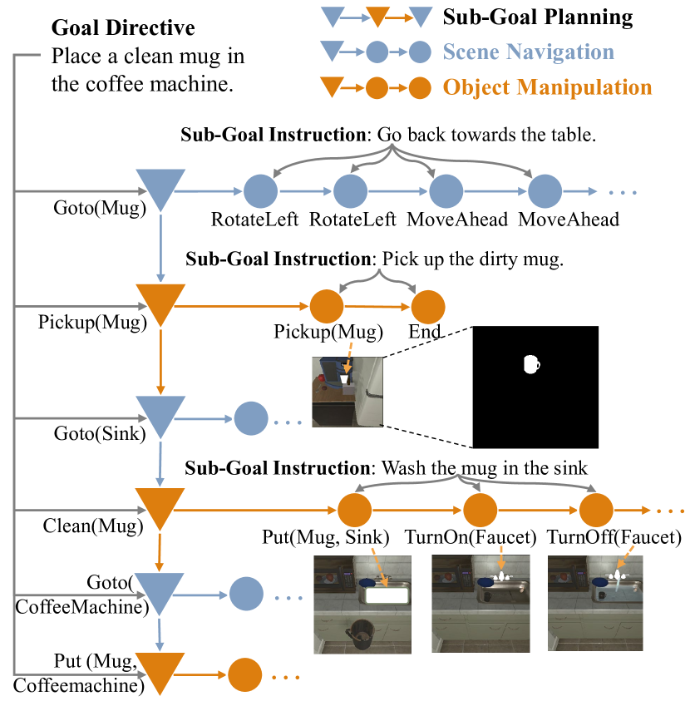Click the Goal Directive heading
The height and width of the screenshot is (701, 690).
click(123, 27)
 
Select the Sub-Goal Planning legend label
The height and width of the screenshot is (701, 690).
click(537, 16)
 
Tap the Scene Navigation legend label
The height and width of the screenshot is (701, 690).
click(528, 52)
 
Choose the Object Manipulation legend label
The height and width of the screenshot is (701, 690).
click(547, 86)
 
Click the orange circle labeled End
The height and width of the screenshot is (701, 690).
click(429, 307)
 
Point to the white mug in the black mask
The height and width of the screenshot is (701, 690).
click(531, 363)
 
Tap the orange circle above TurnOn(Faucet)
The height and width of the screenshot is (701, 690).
click(480, 509)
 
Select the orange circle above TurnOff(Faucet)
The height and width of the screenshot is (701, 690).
click(595, 509)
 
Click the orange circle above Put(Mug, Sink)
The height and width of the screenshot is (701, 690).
click(354, 509)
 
